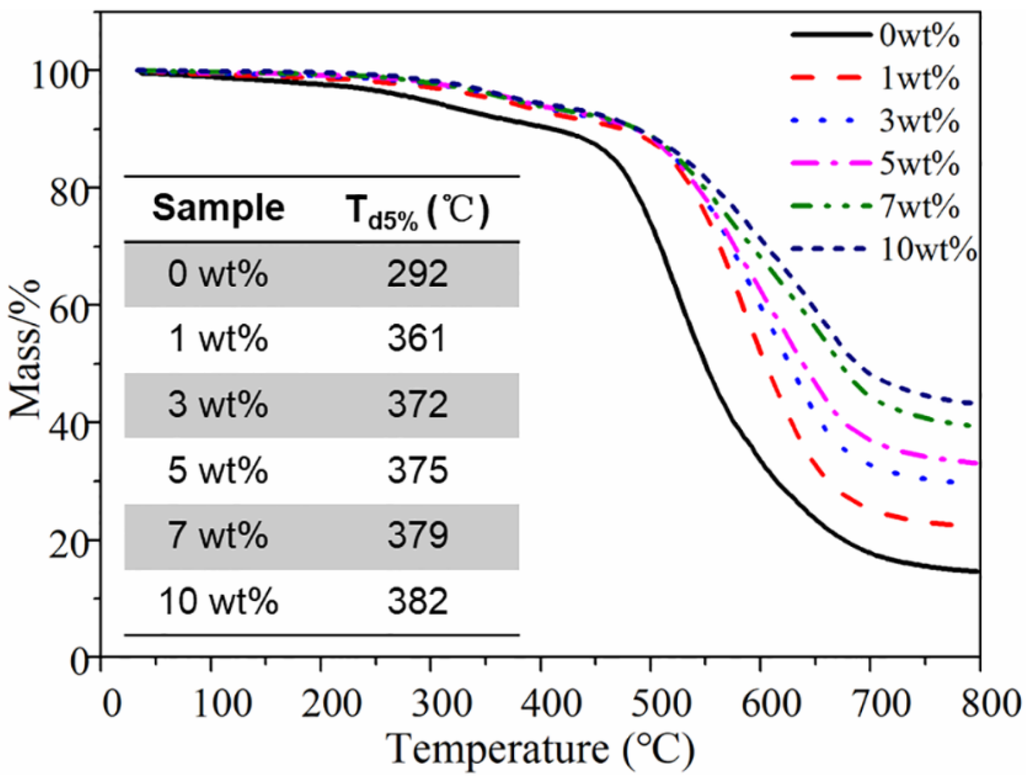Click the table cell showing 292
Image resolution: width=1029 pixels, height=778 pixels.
pos(417,274)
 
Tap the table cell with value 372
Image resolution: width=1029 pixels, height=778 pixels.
pos(417,405)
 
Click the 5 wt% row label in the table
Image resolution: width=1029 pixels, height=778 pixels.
pos(218,471)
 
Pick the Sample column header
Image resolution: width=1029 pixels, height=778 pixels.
pos(218,208)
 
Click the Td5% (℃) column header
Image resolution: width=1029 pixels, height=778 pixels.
pos(417,210)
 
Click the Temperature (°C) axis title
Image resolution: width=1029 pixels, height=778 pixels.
pos(540,749)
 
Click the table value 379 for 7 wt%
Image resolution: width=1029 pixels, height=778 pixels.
pos(417,536)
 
